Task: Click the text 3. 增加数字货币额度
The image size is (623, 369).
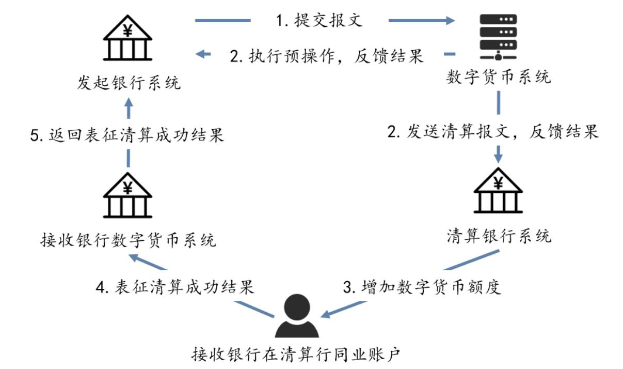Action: (422, 286)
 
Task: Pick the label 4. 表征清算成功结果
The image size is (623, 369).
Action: (177, 286)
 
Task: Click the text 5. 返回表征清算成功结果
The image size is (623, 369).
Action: (127, 135)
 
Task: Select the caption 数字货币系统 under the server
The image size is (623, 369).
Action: (499, 78)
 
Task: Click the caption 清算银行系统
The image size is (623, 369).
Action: (499, 236)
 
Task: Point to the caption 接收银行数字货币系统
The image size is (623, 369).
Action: (128, 240)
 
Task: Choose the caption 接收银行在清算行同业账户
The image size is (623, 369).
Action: (296, 355)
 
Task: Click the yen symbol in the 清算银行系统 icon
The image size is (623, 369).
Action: (499, 182)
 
